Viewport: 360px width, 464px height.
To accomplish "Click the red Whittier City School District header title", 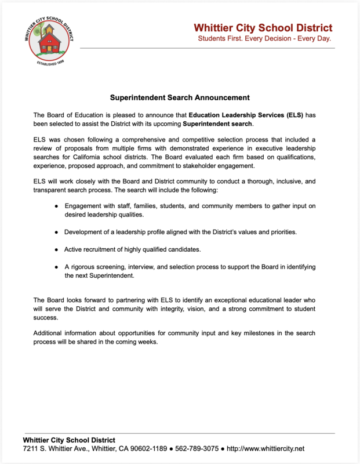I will (263, 28).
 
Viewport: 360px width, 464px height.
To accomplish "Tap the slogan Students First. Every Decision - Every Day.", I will (264, 38).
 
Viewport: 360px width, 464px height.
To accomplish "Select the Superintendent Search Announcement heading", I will (180, 97).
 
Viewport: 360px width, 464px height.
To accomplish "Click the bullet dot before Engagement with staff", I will (56, 206).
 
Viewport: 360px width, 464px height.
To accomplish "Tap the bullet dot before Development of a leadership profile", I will (56, 232).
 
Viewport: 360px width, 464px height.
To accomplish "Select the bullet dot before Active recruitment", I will (56, 249).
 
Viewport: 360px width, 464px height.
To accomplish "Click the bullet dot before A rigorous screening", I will (56, 267).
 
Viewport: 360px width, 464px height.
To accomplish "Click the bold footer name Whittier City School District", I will (69, 440).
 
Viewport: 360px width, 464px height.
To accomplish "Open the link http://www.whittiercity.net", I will (266, 449).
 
